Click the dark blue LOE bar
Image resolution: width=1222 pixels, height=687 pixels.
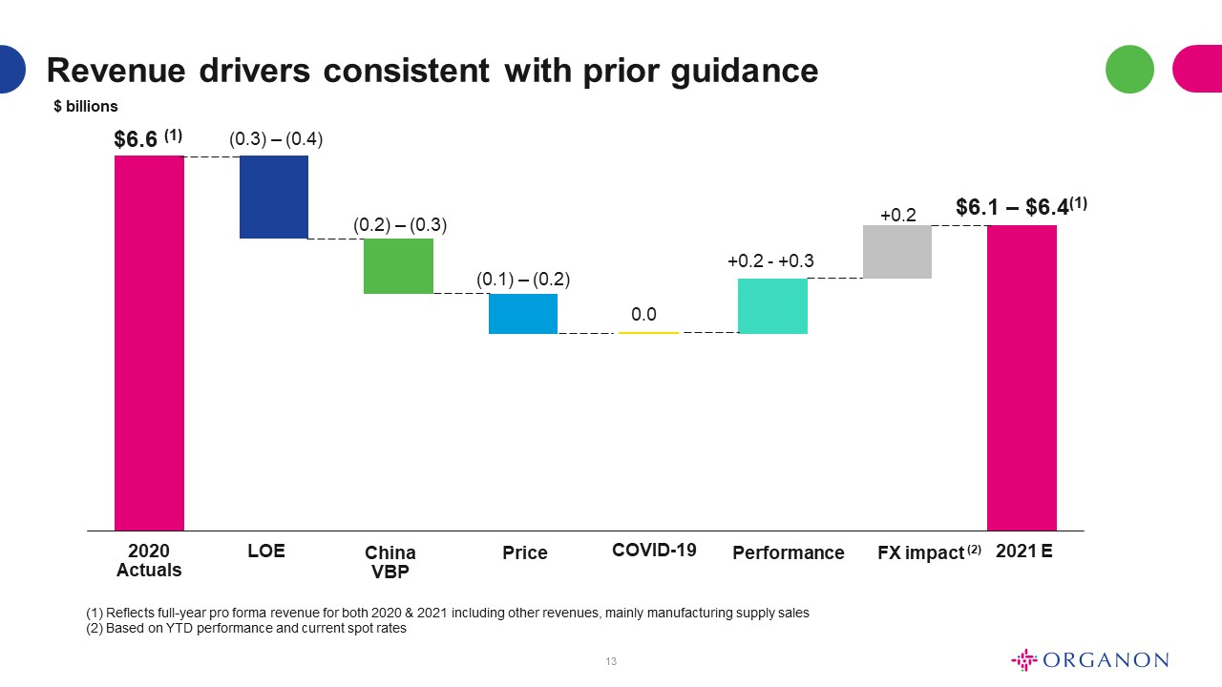click(274, 197)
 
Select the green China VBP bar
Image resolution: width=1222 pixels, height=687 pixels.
click(398, 266)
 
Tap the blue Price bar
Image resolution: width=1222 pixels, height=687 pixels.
click(523, 314)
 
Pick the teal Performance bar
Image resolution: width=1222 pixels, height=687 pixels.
click(772, 306)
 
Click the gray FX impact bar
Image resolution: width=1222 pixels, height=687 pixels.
click(897, 252)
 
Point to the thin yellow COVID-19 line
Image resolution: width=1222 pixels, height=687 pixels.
click(648, 332)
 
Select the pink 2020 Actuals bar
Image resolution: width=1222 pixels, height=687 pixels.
click(149, 343)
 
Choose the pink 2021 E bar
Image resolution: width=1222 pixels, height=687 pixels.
click(1022, 378)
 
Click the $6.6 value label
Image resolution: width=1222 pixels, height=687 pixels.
click(136, 139)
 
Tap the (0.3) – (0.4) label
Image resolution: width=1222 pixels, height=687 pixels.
click(276, 139)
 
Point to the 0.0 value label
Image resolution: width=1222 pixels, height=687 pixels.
click(643, 314)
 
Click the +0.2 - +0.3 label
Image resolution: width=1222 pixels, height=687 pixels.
click(770, 261)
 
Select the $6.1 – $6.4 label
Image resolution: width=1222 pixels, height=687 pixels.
click(1012, 207)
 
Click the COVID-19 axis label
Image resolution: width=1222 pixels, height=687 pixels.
click(654, 551)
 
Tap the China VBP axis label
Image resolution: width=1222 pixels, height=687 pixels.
click(390, 562)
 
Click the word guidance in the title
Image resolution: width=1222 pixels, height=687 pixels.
click(745, 72)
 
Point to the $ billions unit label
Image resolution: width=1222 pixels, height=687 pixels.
click(86, 106)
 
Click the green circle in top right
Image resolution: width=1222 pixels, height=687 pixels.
click(1129, 70)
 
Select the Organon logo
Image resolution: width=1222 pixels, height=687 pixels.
click(1090, 659)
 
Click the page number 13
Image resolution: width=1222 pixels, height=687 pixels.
click(611, 661)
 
